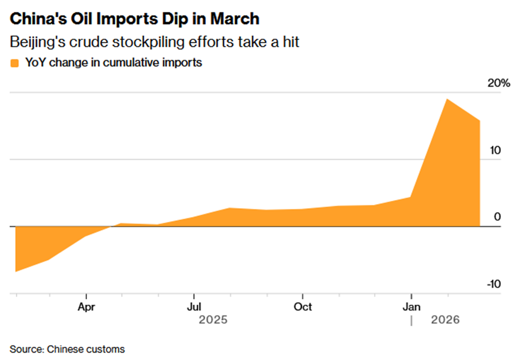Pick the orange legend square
coord(14,63)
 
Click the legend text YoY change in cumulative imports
coord(113,63)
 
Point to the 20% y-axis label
coord(499,83)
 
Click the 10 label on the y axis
coord(495,151)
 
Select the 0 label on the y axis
coord(498,217)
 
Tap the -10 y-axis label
coord(494,284)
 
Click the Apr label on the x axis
coord(86,306)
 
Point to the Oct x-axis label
coord(303,306)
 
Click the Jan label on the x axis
coord(411,306)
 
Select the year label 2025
coord(213,320)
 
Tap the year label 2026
coord(445,320)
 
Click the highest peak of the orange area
coord(447,99)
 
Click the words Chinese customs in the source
coord(86,349)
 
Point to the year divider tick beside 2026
coord(411,320)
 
